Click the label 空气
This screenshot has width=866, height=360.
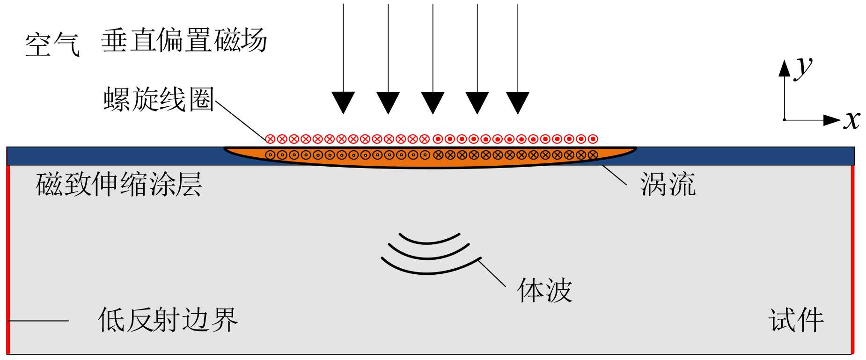tap(52, 45)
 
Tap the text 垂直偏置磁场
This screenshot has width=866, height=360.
tap(184, 40)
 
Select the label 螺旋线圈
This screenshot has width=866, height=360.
tap(159, 99)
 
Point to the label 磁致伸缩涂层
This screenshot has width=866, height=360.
tap(119, 184)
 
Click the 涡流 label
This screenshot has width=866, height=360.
tap(668, 184)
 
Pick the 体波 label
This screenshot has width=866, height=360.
tap(544, 290)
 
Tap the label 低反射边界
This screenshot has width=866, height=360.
tap(168, 320)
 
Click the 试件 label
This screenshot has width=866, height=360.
tap(796, 320)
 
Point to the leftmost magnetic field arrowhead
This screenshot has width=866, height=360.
tap(343, 102)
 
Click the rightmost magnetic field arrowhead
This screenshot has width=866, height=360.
tap(518, 102)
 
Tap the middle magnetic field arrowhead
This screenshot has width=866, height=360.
tap(433, 102)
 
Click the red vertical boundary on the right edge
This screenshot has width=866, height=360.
tap(852, 260)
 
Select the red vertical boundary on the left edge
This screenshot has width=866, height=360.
tap(8, 260)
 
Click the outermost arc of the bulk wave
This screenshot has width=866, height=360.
tap(428, 272)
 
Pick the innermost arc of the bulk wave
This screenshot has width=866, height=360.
tap(428, 242)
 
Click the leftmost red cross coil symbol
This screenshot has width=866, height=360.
tap(270, 139)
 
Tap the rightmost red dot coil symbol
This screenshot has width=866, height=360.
tap(593, 139)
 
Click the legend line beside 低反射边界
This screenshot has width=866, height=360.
tap(39, 321)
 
